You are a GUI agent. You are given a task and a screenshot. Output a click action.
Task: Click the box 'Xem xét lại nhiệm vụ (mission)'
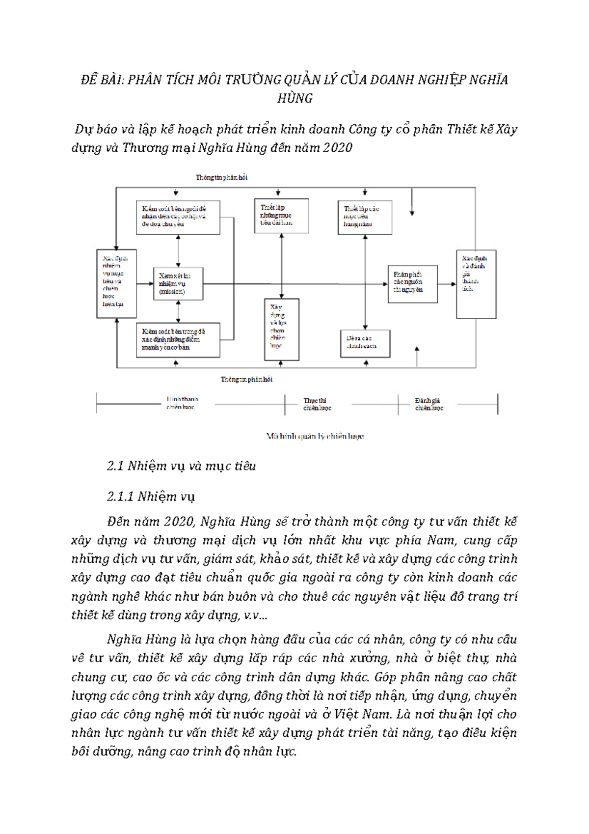[x=178, y=284]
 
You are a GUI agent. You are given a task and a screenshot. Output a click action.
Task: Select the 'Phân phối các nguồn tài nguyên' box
[x=412, y=284]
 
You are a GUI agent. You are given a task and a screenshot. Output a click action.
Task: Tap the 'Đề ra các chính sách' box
[x=365, y=343]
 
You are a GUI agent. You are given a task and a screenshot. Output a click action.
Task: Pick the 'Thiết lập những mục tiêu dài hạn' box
[x=281, y=215]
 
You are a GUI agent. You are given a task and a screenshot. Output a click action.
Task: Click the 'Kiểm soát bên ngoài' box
[x=178, y=217]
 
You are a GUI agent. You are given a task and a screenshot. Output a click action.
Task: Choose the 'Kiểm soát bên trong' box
[x=178, y=339]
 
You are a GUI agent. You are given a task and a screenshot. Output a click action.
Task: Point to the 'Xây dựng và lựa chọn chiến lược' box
[x=281, y=329]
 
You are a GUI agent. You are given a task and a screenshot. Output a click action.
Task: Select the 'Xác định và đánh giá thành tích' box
[x=476, y=284]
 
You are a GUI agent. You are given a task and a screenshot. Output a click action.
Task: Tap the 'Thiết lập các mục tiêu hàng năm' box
[x=365, y=217]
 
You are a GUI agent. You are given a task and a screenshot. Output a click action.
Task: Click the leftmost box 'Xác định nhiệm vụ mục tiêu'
[x=116, y=283]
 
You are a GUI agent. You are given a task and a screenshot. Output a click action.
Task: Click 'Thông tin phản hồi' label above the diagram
[x=221, y=177]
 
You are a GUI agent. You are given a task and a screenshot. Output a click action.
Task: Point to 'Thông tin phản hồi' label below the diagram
[x=246, y=379]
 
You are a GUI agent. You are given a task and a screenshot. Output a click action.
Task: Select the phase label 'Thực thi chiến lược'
[x=317, y=404]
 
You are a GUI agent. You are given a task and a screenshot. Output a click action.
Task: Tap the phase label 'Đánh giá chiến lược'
[x=428, y=404]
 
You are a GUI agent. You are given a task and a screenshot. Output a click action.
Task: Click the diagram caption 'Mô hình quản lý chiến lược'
[x=315, y=436]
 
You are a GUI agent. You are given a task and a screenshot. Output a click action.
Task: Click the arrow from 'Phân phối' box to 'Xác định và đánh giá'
[x=447, y=284]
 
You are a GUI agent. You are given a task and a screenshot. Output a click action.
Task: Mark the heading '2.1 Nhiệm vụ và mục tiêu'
[x=181, y=466]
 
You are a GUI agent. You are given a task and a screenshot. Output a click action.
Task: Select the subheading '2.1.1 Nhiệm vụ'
[x=151, y=496]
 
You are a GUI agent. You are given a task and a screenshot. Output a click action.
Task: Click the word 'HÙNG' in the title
[x=295, y=98]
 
